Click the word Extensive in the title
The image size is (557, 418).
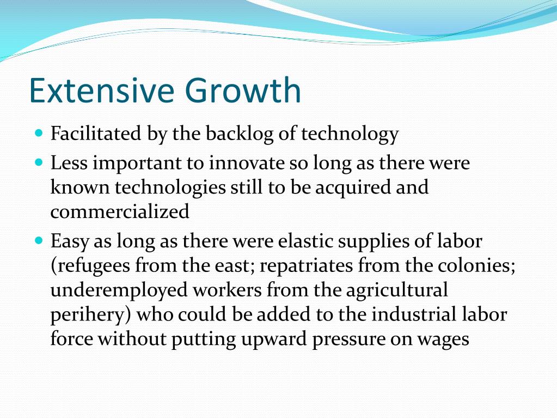(x=102, y=90)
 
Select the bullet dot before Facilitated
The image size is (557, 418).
(x=39, y=133)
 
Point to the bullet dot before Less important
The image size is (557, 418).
(x=39, y=162)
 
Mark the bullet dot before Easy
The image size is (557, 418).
(x=39, y=240)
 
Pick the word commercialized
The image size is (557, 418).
(x=120, y=211)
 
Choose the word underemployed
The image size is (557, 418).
(x=119, y=290)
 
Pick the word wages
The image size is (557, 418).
(x=443, y=340)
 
